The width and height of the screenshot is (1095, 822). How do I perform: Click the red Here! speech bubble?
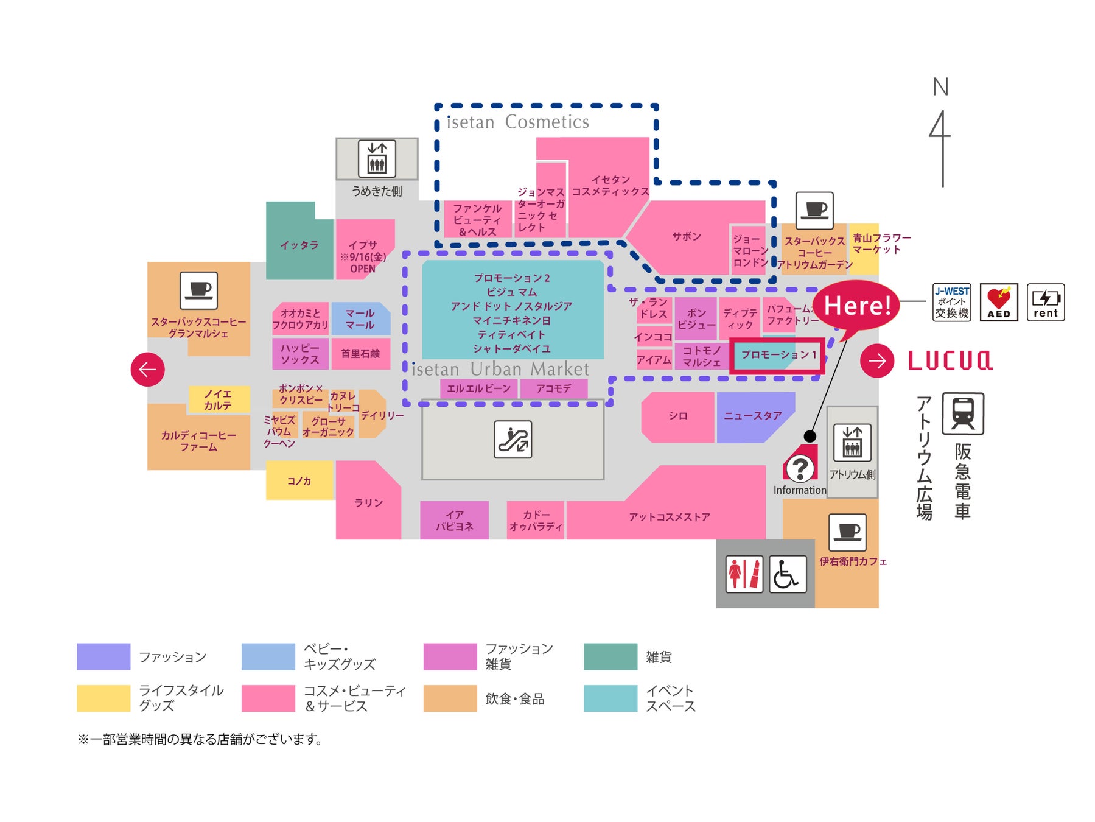tap(857, 306)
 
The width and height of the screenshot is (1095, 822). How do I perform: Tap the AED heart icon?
tap(998, 302)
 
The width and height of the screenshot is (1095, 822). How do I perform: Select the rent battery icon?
tap(1045, 302)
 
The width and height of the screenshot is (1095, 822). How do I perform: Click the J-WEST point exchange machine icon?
tap(952, 302)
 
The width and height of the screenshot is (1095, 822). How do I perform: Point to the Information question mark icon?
tap(800, 468)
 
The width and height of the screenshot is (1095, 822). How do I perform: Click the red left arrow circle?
tap(147, 369)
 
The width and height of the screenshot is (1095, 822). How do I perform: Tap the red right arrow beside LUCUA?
tap(877, 360)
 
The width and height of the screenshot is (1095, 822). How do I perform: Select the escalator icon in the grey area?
tap(513, 439)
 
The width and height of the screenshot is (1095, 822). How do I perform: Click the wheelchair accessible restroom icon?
tap(788, 574)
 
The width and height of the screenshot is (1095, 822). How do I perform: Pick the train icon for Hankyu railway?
tap(962, 413)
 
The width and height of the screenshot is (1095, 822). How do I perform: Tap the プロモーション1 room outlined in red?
tap(777, 355)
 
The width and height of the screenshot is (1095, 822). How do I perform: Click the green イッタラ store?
tap(299, 245)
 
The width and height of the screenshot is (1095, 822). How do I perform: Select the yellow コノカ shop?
tap(299, 480)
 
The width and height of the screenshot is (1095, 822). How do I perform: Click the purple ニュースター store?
tap(752, 416)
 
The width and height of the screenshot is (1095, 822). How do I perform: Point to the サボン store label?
tap(686, 237)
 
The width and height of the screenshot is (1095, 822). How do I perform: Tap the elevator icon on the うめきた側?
tap(377, 158)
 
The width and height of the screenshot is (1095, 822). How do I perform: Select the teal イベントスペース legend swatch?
tap(610, 698)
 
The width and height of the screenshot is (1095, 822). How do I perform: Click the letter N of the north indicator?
tap(940, 87)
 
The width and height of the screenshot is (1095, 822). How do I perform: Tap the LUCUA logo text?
tap(950, 360)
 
